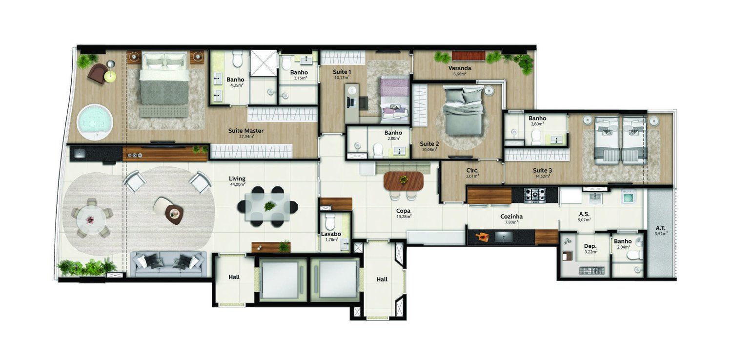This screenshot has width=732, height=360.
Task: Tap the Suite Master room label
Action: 246,131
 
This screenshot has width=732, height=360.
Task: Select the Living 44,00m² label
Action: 237,179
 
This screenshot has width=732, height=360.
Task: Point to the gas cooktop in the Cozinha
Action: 535,195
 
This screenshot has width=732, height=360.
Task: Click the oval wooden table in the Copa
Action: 404,181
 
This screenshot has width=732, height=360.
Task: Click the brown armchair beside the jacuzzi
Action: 97,73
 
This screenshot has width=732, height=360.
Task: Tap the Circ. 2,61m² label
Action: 472,171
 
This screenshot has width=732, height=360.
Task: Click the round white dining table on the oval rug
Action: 91,220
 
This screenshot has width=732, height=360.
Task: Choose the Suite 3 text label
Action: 542,170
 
